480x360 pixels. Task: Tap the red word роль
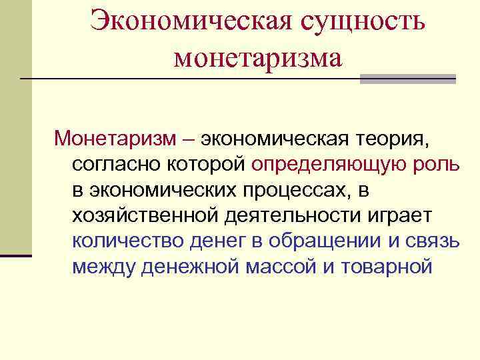(429, 164)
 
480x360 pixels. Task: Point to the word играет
(398, 215)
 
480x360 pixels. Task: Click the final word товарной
(387, 266)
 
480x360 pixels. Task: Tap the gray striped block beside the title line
(407, 79)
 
